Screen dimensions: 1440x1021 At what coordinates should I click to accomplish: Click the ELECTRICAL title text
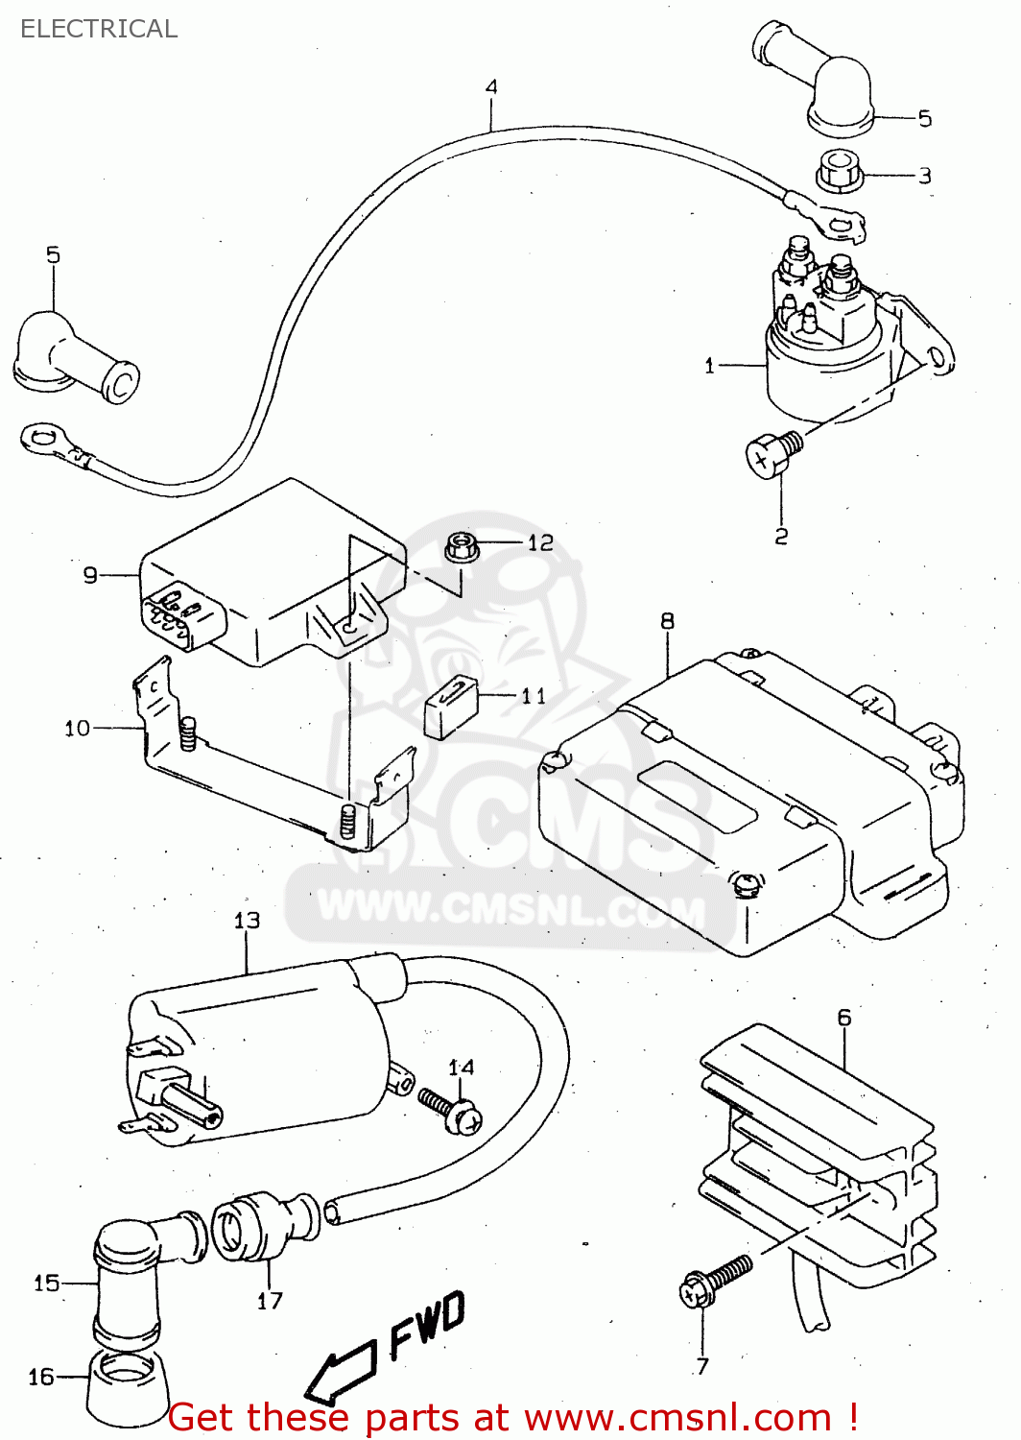pyautogui.click(x=99, y=29)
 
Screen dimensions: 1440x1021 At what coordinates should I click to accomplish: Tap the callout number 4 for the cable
pyautogui.click(x=491, y=87)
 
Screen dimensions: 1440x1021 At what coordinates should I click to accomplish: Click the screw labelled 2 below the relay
pyautogui.click(x=771, y=452)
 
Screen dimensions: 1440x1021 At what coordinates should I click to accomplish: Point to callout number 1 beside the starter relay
pyautogui.click(x=710, y=366)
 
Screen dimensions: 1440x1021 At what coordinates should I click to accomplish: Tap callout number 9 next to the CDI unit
pyautogui.click(x=90, y=575)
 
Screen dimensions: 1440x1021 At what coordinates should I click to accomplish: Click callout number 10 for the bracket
pyautogui.click(x=77, y=729)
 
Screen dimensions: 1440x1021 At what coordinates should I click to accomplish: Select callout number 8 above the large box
pyautogui.click(x=668, y=622)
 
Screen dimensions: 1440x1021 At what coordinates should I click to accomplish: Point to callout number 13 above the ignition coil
pyautogui.click(x=247, y=921)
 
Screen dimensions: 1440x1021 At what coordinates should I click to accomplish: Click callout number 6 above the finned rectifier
pyautogui.click(x=844, y=1018)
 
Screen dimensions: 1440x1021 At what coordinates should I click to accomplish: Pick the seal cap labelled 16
pyautogui.click(x=129, y=1386)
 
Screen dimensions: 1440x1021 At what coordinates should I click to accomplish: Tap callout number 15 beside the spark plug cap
pyautogui.click(x=46, y=1284)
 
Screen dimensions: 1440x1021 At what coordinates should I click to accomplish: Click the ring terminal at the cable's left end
pyautogui.click(x=43, y=441)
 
